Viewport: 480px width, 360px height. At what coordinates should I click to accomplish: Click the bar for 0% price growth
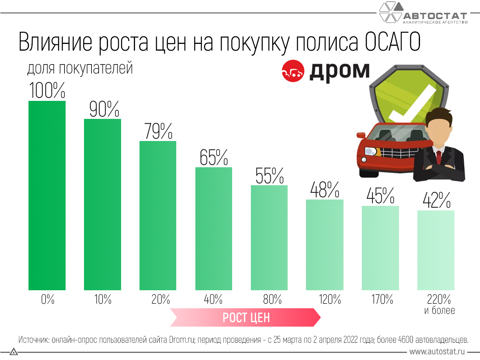pos(47,195)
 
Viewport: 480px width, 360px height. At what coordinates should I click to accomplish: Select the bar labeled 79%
pos(158,216)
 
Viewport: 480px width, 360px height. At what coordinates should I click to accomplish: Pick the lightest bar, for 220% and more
pos(436,250)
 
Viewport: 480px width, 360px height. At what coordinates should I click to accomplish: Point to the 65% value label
pos(213,157)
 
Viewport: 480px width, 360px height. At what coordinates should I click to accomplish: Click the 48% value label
pos(324,190)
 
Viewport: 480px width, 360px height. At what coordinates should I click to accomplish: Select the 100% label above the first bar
pos(47,91)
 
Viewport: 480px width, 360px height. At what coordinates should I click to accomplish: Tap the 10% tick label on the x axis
pos(103,299)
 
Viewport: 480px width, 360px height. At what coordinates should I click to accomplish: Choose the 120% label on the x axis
pos(330,299)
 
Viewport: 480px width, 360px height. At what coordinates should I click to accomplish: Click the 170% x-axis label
pos(382,299)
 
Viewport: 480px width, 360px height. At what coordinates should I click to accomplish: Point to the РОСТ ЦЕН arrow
pos(246,318)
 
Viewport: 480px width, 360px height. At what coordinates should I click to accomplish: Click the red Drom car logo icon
pos(292,71)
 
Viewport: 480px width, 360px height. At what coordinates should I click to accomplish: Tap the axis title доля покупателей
pos(80,68)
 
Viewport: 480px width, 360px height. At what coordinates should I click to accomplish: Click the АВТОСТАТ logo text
pos(435,16)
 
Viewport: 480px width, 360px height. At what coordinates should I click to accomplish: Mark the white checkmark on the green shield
pos(412,103)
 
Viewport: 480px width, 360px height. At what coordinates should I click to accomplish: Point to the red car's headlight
pos(371,151)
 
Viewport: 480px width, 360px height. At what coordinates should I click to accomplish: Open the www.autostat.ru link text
pos(437,352)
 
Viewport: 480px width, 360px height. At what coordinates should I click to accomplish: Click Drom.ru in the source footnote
pos(181,340)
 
